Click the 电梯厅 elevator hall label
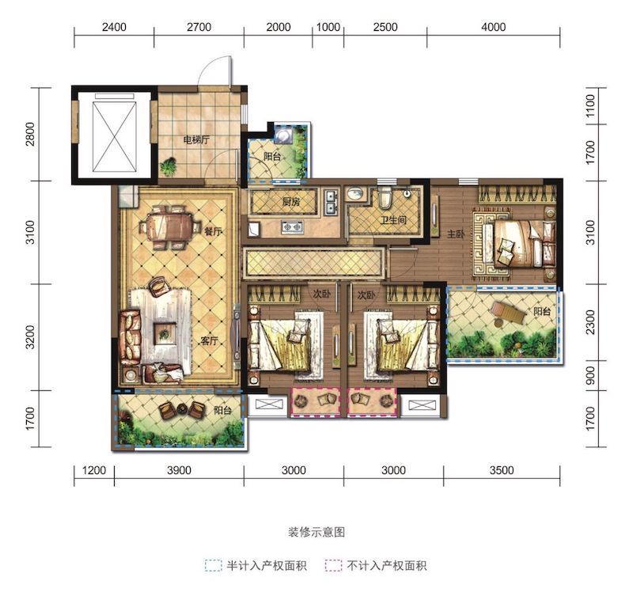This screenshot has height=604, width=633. (x=196, y=140)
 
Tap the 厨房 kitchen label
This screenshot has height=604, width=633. (x=291, y=201)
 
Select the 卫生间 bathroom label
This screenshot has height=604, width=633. (x=392, y=220)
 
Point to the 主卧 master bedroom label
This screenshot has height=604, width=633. (x=456, y=234)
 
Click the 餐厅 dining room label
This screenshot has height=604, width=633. (x=213, y=232)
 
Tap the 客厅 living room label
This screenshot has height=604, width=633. (x=209, y=341)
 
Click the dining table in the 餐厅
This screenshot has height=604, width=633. (x=170, y=227)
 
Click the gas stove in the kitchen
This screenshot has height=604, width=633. (x=292, y=227)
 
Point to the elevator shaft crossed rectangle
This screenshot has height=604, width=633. (x=114, y=136)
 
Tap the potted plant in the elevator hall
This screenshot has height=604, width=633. (x=169, y=166)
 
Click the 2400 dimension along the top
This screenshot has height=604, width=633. (x=114, y=27)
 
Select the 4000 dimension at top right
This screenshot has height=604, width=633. (x=493, y=27)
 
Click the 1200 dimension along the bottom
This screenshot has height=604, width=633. (x=94, y=470)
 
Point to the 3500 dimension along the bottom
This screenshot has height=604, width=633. (x=502, y=470)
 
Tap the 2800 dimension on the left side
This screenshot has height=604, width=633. (x=30, y=134)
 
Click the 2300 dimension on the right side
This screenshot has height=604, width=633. (x=590, y=322)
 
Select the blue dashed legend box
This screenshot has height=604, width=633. (x=213, y=566)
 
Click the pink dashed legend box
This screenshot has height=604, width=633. (x=333, y=566)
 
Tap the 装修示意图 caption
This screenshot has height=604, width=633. (x=316, y=532)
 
